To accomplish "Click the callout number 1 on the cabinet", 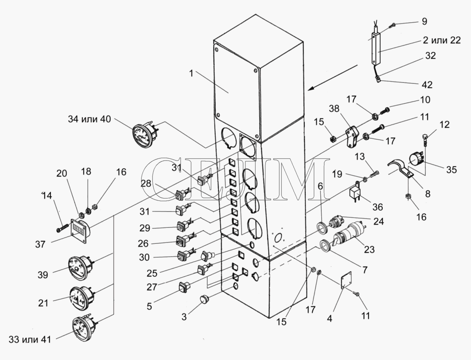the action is (x=191, y=73).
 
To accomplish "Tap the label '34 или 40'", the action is (x=90, y=119).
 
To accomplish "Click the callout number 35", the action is (x=451, y=169).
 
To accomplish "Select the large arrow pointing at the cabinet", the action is (x=332, y=77).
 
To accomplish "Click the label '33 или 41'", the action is (x=30, y=340).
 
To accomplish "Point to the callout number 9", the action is (x=424, y=21).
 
